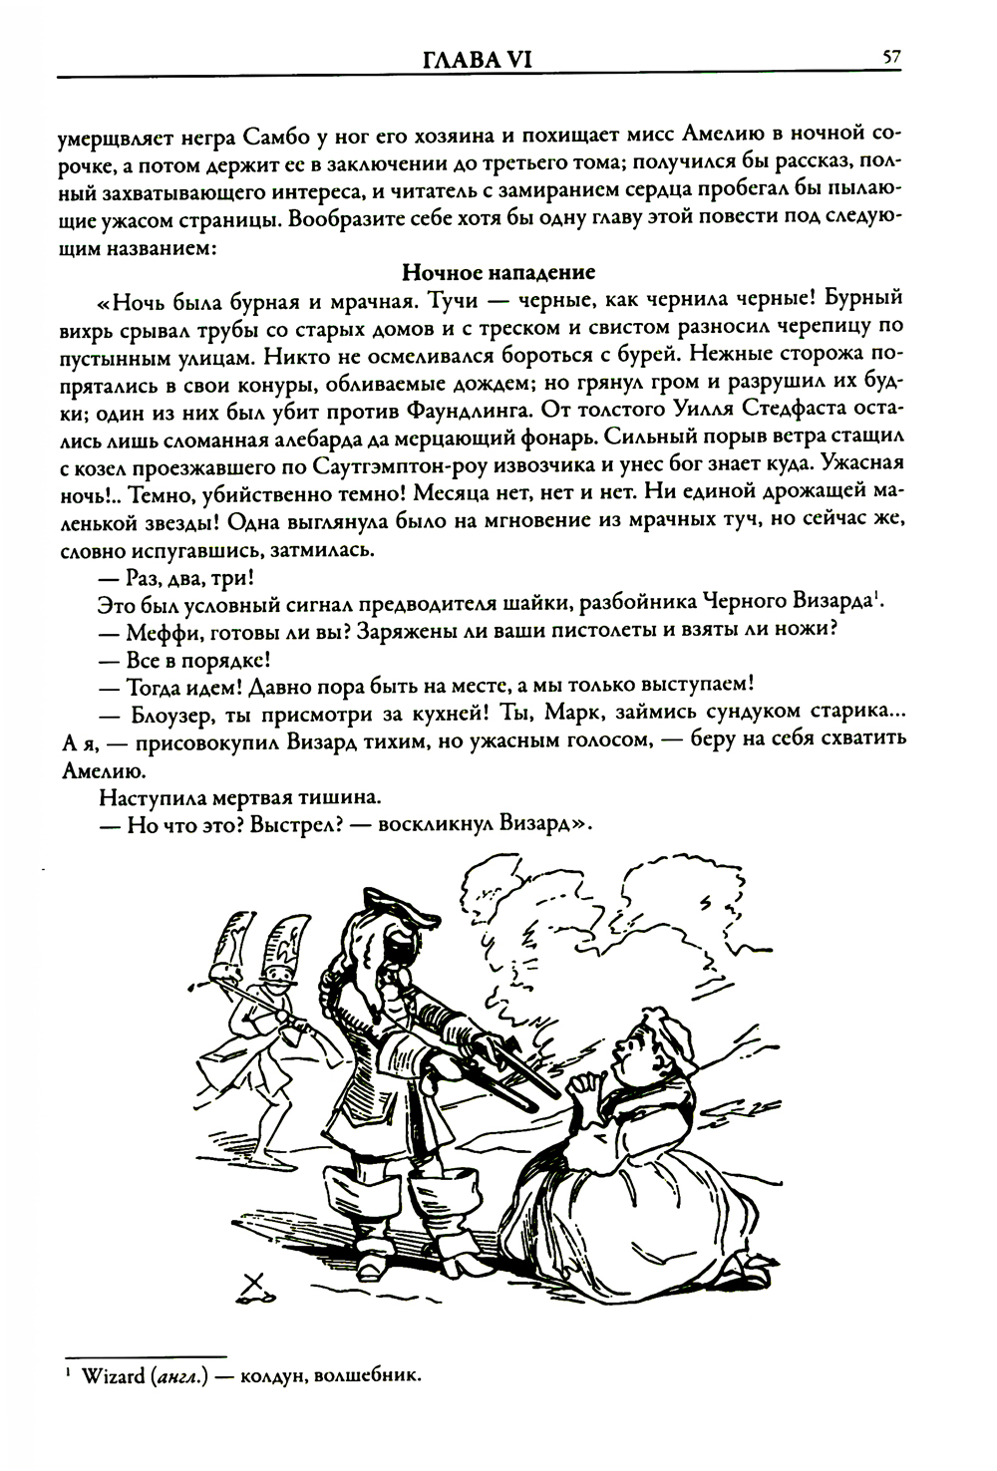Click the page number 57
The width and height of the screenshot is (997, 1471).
click(891, 58)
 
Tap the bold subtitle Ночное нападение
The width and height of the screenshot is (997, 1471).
click(498, 271)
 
